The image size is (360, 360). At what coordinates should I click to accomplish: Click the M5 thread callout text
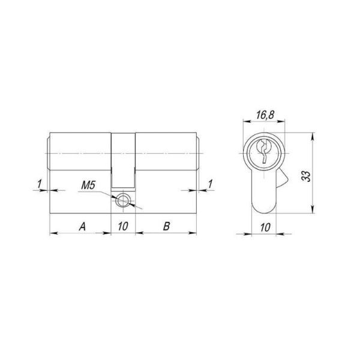click(x=88, y=187)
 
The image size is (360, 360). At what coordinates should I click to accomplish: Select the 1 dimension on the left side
click(x=39, y=182)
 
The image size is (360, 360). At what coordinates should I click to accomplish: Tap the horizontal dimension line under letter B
click(x=166, y=233)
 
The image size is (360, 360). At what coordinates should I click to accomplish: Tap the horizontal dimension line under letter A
click(x=81, y=233)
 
